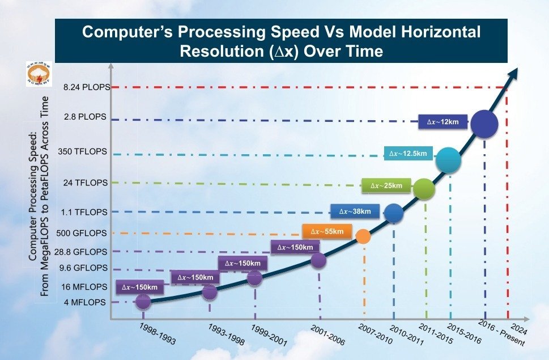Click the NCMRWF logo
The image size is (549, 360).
pyautogui.click(x=39, y=74)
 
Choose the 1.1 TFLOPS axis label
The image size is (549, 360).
pyautogui.click(x=87, y=212)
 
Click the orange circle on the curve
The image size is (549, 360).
pyautogui.click(x=364, y=236)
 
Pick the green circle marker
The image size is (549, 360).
pyautogui.click(x=424, y=189)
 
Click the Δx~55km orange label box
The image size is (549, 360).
pyautogui.click(x=327, y=231)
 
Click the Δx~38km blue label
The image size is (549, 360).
pyautogui.click(x=355, y=211)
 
